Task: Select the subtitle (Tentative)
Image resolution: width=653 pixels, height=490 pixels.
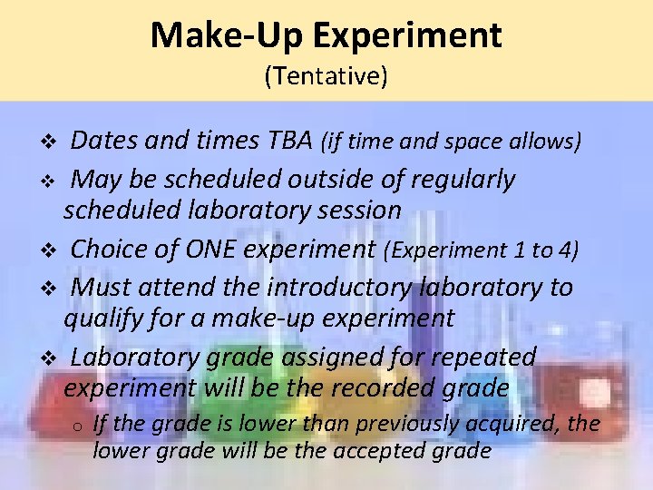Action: point(326,76)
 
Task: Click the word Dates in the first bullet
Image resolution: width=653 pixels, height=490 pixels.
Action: point(102,141)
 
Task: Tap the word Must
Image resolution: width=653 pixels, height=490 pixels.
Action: point(101,288)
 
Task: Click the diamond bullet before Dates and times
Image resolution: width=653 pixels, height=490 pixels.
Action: point(51,142)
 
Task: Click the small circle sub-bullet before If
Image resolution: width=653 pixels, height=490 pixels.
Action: point(79,425)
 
